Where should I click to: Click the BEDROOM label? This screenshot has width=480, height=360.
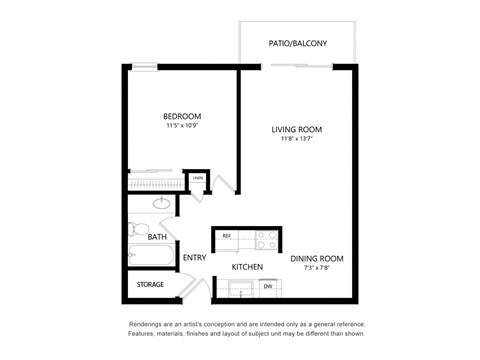click(x=183, y=117)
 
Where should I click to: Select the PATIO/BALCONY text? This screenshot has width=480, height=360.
click(x=298, y=43)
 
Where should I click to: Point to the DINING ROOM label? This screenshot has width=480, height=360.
click(x=317, y=259)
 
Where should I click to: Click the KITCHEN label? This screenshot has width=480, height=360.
click(x=247, y=267)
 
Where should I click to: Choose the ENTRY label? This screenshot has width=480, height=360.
click(x=194, y=258)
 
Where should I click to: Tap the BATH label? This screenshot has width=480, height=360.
click(x=157, y=237)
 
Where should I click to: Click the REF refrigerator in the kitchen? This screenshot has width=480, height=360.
click(x=227, y=236)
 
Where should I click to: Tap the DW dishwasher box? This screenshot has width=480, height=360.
click(x=267, y=287)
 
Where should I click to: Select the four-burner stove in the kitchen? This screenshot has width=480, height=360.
click(x=266, y=239)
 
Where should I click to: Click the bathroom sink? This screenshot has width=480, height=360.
click(x=160, y=203)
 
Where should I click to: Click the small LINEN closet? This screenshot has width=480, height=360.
click(x=198, y=180)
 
